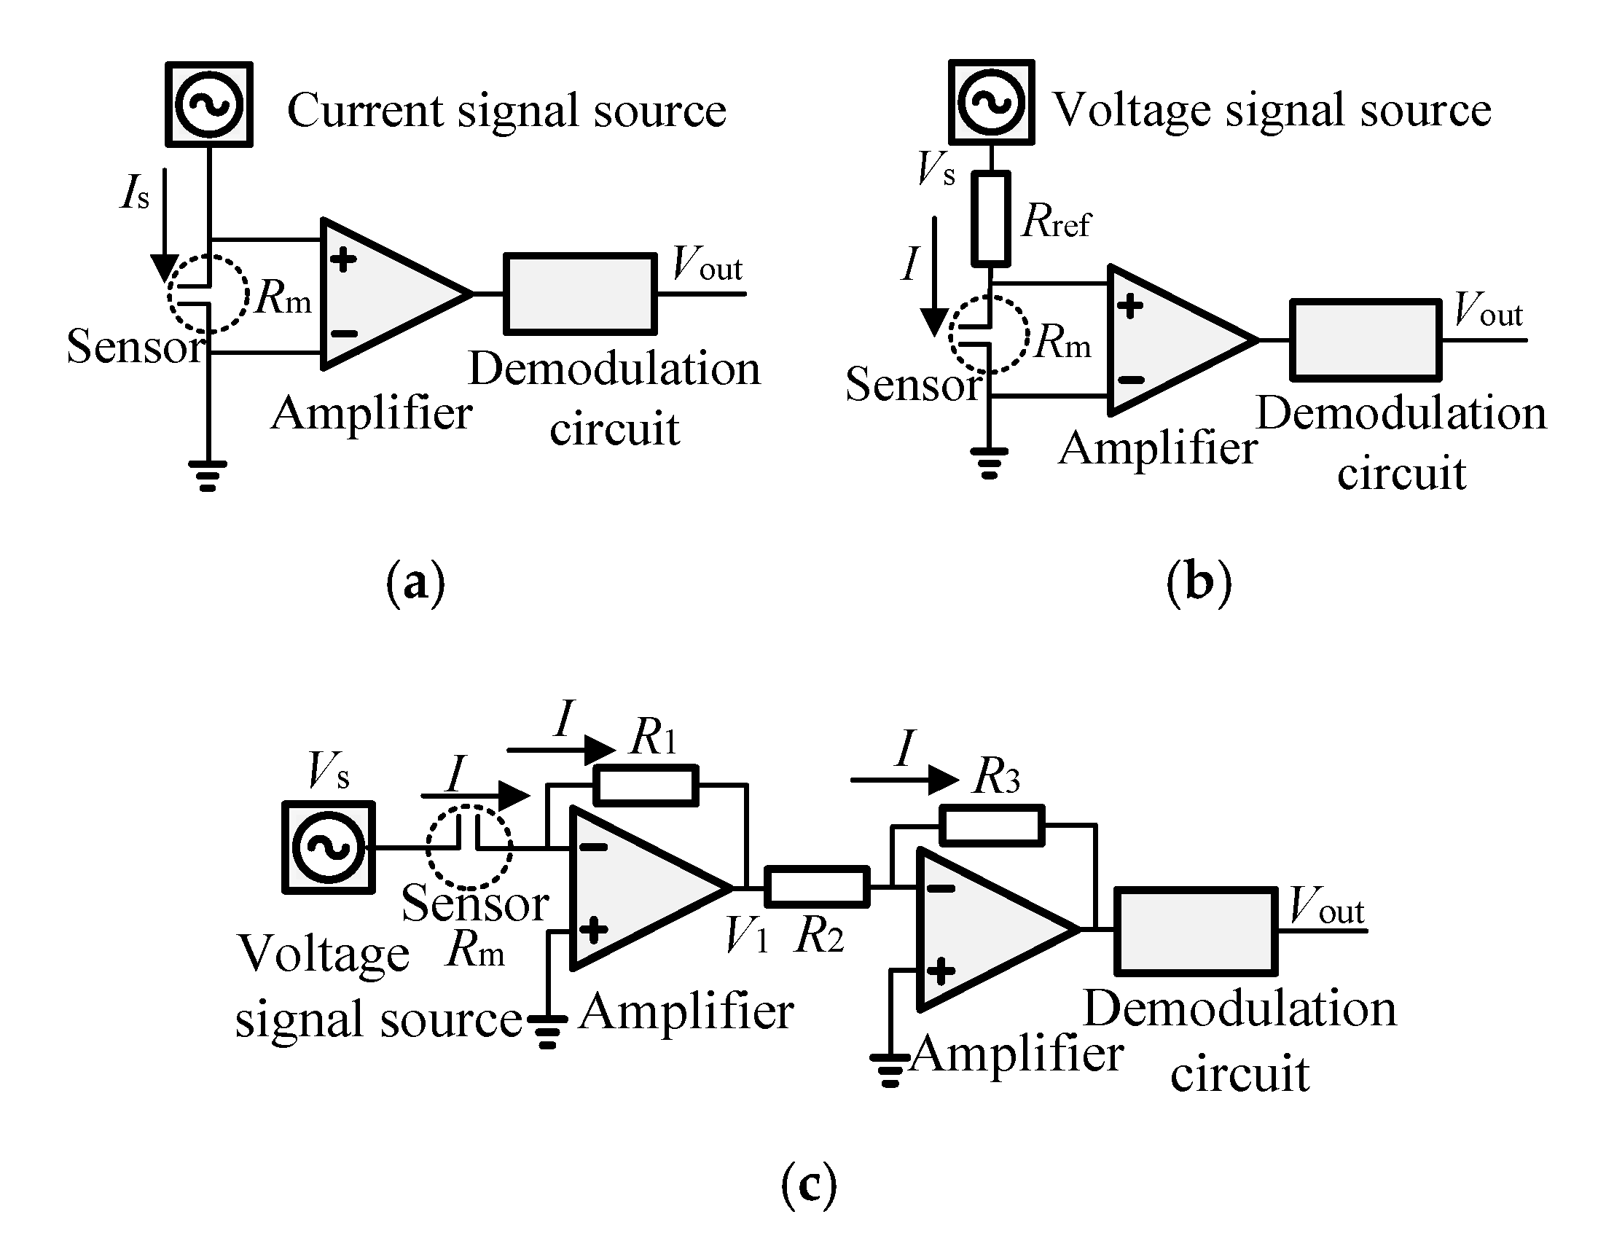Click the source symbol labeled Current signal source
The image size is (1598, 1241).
point(209,105)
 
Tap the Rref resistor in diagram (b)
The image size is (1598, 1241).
point(991,218)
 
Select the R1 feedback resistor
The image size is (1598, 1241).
point(646,785)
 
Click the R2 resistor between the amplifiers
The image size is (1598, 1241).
point(817,887)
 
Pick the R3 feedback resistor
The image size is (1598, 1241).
point(992,826)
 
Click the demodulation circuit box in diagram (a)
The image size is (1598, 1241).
point(579,294)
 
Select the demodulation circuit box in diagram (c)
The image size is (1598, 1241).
point(1196,931)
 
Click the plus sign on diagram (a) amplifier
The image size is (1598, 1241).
point(342,259)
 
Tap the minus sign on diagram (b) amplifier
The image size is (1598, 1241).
point(1131,379)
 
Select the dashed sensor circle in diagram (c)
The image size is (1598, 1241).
point(469,847)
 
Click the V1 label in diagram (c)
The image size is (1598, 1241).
point(746,936)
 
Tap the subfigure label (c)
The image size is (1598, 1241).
point(809,1185)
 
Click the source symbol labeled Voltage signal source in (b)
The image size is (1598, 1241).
point(992,103)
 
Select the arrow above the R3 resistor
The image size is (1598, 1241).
point(904,780)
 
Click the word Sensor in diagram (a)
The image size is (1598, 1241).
point(136,346)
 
